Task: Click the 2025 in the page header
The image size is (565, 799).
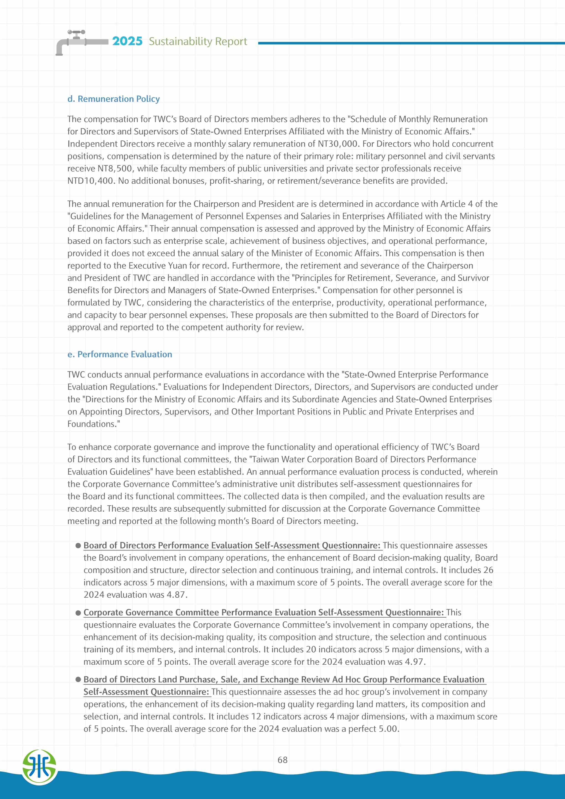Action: [127, 41]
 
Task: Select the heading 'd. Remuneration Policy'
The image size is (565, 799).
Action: [114, 99]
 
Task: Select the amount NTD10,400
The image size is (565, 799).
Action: [90, 181]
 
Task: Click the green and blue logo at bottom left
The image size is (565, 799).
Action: [39, 767]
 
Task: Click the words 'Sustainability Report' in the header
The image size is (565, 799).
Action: [198, 41]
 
